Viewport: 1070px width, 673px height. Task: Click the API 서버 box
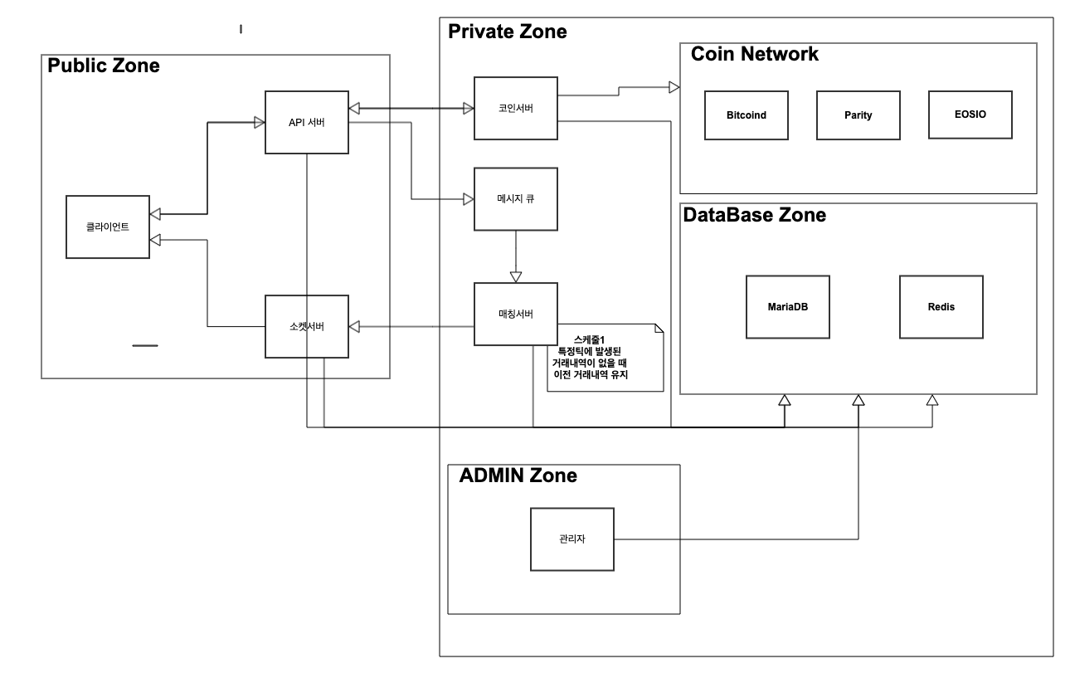[306, 122]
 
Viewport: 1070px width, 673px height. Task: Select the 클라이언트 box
[108, 227]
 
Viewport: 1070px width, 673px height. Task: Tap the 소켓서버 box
[306, 326]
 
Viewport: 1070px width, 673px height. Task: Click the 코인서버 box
[515, 108]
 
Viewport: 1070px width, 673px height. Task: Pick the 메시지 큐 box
[515, 199]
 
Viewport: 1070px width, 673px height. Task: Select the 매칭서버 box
[515, 314]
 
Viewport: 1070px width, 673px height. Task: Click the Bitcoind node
[746, 115]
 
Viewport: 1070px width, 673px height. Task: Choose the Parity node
[858, 115]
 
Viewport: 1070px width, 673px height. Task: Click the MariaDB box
[787, 306]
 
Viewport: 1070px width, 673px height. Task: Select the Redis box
[941, 306]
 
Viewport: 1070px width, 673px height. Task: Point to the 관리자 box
[571, 539]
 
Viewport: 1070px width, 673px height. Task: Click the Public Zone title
[104, 66]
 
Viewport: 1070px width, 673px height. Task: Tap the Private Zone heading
[507, 32]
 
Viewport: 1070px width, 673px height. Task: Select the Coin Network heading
[754, 54]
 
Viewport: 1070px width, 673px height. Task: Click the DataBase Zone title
[754, 215]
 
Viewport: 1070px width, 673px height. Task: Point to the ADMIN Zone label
[518, 475]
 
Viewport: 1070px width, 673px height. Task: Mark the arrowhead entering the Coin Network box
[674, 86]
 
